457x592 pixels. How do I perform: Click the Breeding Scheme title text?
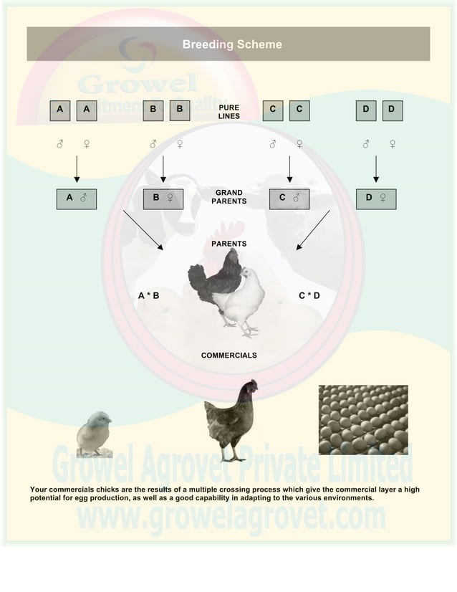[x=231, y=44]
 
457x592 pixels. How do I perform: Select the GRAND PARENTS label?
[x=229, y=197]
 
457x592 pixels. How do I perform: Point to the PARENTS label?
[x=229, y=244]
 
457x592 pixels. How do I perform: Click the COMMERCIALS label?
[x=228, y=355]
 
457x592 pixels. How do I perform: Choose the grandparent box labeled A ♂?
[x=77, y=198]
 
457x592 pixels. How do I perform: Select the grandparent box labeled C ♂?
[x=289, y=198]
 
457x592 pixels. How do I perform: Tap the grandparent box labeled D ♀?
[x=376, y=198]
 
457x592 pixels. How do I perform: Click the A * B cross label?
[x=148, y=295]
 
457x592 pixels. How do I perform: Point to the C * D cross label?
[x=309, y=295]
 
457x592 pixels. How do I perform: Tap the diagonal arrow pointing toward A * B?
[x=143, y=230]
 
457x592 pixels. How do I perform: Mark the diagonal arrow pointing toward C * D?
[x=313, y=230]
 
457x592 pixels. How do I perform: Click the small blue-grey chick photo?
[x=95, y=433]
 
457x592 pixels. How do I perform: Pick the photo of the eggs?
[x=362, y=419]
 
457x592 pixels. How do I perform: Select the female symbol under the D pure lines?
[x=393, y=144]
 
